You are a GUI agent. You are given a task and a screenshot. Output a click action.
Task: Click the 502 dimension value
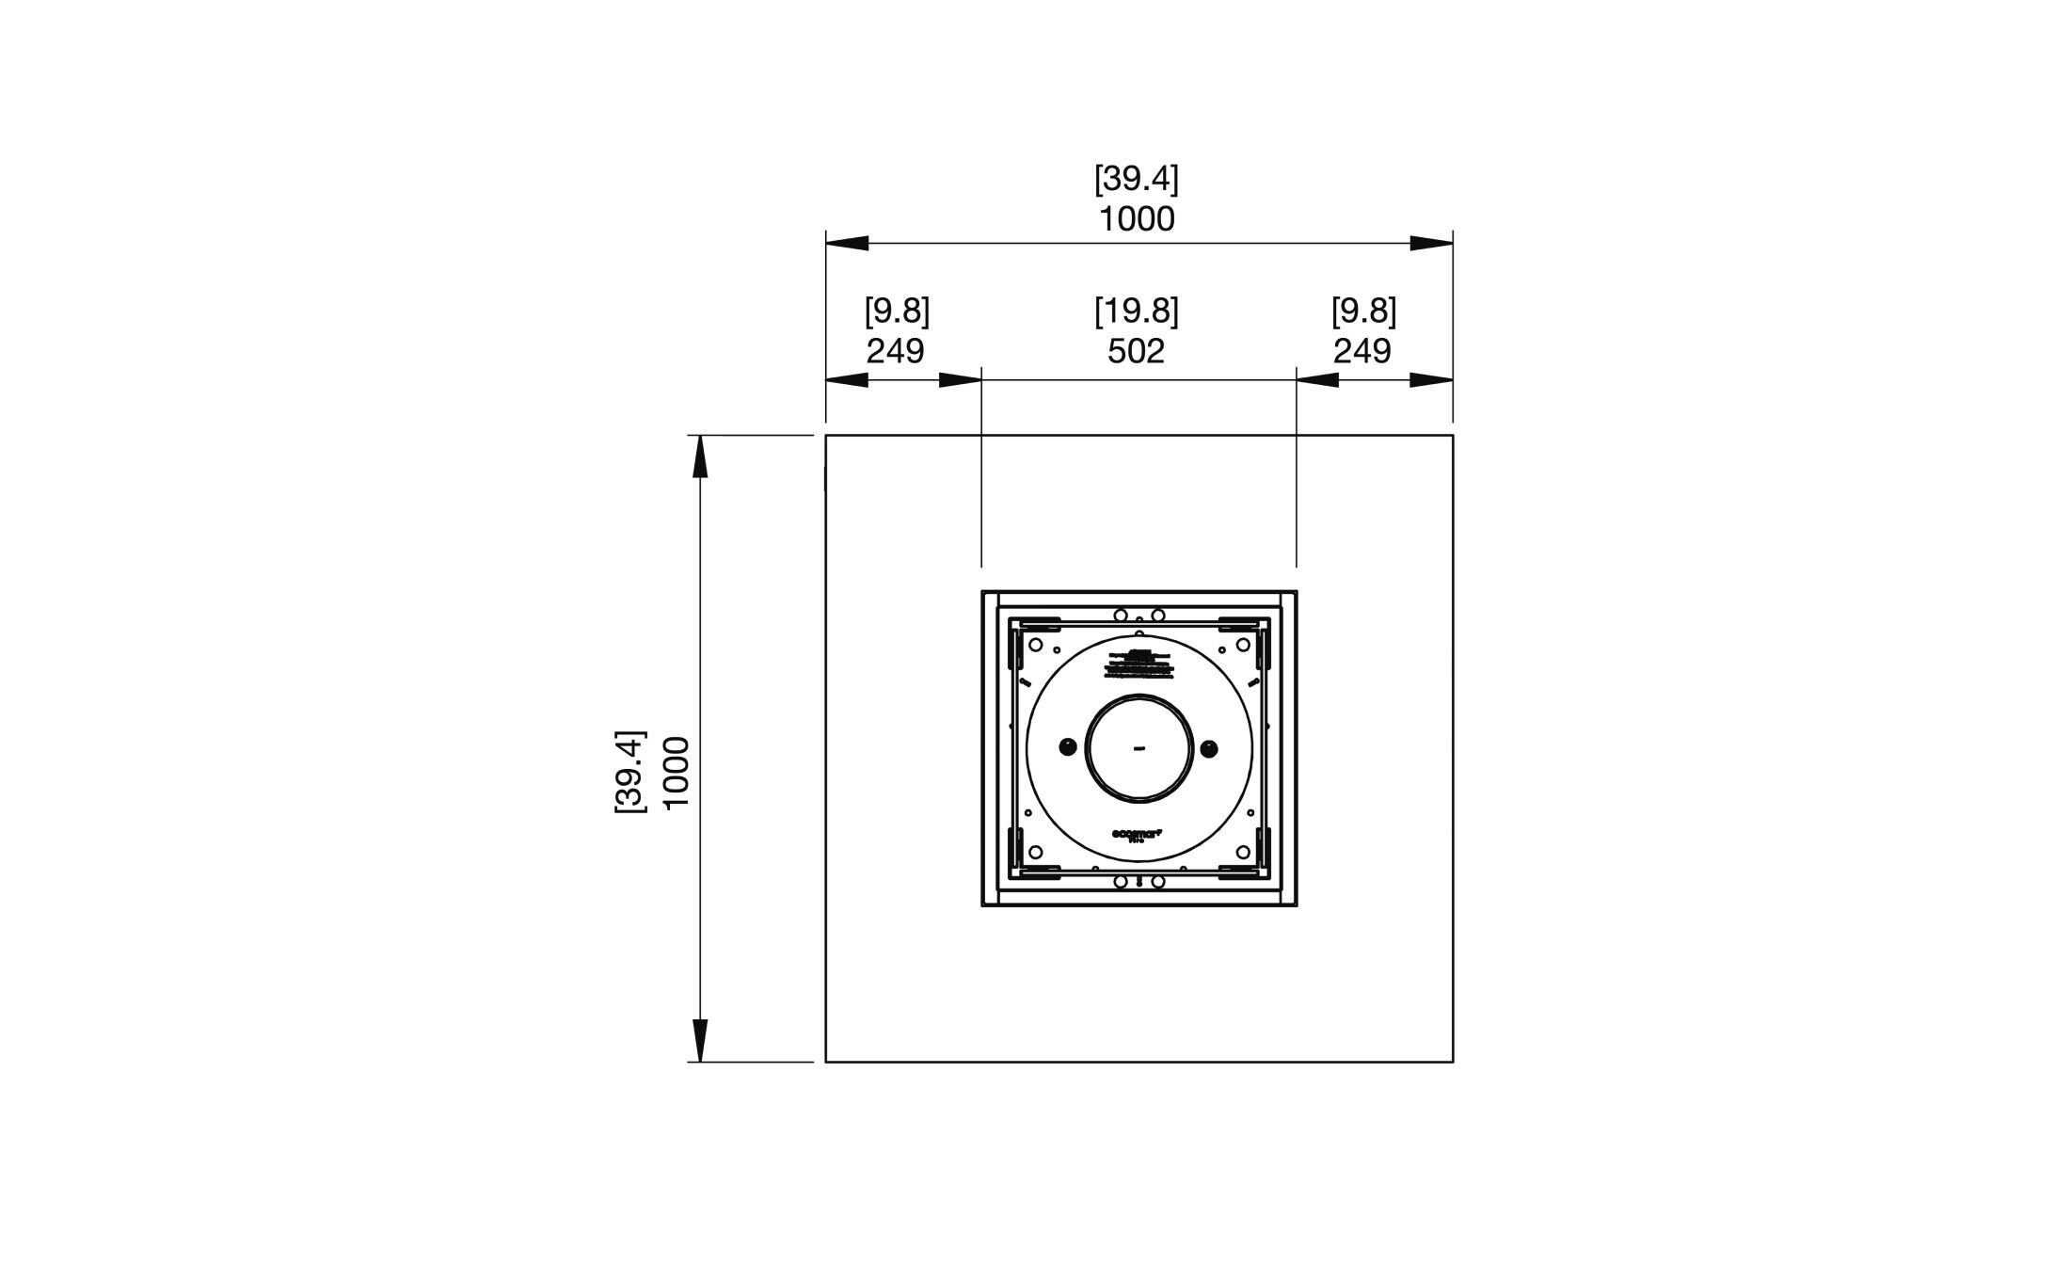pyautogui.click(x=1136, y=352)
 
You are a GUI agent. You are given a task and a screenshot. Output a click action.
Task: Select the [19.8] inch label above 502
pyautogui.click(x=1136, y=312)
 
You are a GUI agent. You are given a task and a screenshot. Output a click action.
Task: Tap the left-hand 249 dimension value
pyautogui.click(x=895, y=352)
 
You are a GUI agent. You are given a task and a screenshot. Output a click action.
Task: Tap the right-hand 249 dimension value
pyautogui.click(x=1361, y=352)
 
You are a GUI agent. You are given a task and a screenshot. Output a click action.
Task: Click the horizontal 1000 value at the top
pyautogui.click(x=1137, y=219)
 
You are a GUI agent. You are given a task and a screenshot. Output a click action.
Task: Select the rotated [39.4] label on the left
pyautogui.click(x=630, y=772)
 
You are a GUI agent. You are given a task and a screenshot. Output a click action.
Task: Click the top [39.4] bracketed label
pyautogui.click(x=1136, y=179)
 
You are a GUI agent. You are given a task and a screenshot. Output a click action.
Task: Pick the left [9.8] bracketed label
pyautogui.click(x=897, y=312)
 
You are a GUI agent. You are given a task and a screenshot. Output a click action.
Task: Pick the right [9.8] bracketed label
pyautogui.click(x=1363, y=312)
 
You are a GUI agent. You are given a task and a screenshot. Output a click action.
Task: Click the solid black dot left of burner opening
pyautogui.click(x=1068, y=748)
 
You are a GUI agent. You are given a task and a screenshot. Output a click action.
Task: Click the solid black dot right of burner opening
pyautogui.click(x=1209, y=748)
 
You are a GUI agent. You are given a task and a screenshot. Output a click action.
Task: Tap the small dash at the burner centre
pyautogui.click(x=1139, y=749)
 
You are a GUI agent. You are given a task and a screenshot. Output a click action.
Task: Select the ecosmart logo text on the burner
pyautogui.click(x=1138, y=834)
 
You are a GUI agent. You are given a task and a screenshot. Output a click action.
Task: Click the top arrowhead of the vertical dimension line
pyautogui.click(x=700, y=458)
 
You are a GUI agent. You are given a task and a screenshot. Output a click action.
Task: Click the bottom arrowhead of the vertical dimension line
pyautogui.click(x=700, y=1039)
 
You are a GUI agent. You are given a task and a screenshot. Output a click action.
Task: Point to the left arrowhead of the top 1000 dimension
pyautogui.click(x=847, y=244)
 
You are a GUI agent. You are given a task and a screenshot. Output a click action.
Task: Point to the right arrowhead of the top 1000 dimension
pyautogui.click(x=1432, y=244)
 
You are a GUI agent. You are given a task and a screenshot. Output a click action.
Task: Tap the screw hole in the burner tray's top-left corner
pyautogui.click(x=1035, y=646)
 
